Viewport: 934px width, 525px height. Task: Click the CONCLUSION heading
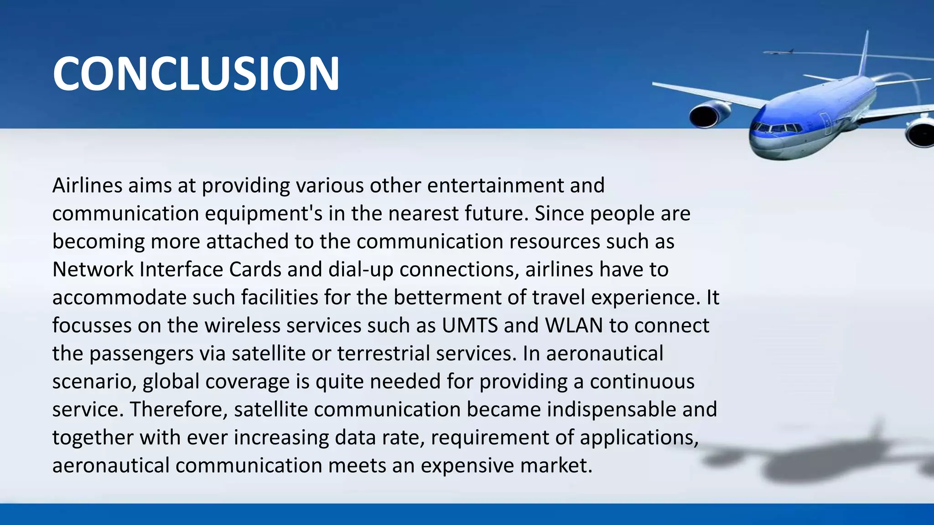click(x=196, y=73)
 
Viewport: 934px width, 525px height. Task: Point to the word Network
click(x=93, y=269)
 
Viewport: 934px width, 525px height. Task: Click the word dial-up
click(x=361, y=269)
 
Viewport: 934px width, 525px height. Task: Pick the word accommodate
click(x=119, y=298)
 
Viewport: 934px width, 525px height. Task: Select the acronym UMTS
click(x=470, y=325)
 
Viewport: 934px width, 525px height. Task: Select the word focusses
click(x=92, y=325)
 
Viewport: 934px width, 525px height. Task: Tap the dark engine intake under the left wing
click(x=703, y=117)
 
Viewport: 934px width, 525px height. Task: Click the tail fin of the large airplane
click(x=863, y=55)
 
